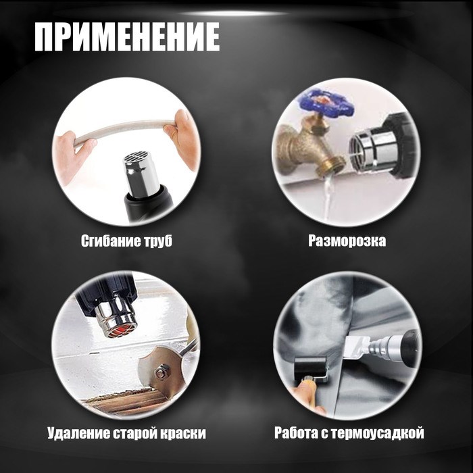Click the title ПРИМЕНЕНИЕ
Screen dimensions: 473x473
(x=127, y=37)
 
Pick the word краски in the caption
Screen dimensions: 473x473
(x=180, y=433)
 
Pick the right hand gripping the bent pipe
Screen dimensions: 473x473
(x=184, y=139)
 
